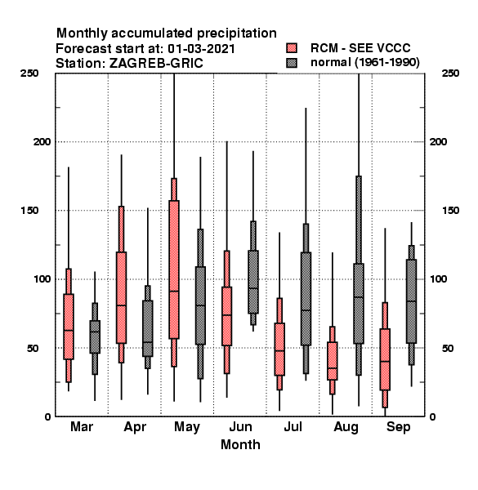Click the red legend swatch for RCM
pyautogui.click(x=292, y=48)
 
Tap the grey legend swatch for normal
pyautogui.click(x=292, y=63)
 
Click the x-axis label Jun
pyautogui.click(x=240, y=427)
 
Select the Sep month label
pyautogui.click(x=398, y=427)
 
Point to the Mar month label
pyautogui.click(x=82, y=426)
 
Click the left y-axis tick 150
pyautogui.click(x=29, y=211)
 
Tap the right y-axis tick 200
pyautogui.click(x=438, y=141)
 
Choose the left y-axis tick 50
pyautogui.click(x=33, y=348)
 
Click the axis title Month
pyautogui.click(x=240, y=444)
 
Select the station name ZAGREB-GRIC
pyautogui.click(x=156, y=63)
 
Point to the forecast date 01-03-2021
pyautogui.click(x=201, y=48)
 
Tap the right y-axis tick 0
pyautogui.click(x=432, y=416)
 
